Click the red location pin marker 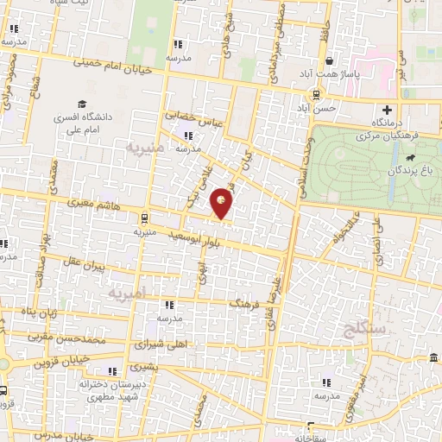tap(222, 203)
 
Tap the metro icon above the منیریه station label tap(143, 218)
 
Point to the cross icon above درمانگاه tap(388, 110)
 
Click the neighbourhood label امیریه tap(128, 294)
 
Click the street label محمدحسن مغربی tap(69, 339)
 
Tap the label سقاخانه tap(312, 437)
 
